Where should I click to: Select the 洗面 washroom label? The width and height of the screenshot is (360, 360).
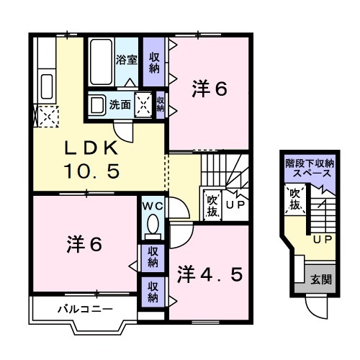[x=120, y=104]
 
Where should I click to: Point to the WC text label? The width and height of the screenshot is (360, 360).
[x=152, y=205]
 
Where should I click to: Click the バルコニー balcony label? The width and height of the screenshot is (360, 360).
[x=84, y=310]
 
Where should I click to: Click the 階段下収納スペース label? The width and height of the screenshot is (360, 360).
[x=309, y=169]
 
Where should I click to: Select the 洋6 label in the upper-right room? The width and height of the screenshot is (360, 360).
[x=210, y=89]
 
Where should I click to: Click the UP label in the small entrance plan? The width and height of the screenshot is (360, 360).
[x=321, y=238]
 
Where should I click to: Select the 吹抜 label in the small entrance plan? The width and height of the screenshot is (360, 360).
[x=295, y=199]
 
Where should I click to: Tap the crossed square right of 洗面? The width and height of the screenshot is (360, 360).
[x=143, y=104]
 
